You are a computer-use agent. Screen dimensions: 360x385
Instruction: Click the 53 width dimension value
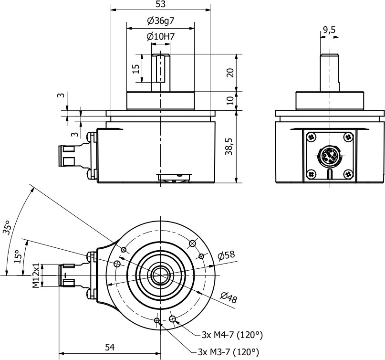coord(160,4)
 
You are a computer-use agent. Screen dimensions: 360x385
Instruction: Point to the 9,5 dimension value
coord(329,30)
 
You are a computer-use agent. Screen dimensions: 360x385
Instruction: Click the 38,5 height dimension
coord(230,147)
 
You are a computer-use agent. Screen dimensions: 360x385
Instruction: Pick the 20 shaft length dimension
coord(230,73)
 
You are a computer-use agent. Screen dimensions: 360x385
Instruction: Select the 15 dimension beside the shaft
coord(135,69)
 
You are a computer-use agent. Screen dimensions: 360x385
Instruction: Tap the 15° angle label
coord(17,257)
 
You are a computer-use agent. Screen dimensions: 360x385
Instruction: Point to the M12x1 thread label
coord(36,275)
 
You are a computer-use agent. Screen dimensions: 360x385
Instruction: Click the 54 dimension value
coord(110,348)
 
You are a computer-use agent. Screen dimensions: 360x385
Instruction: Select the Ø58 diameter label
coord(227,255)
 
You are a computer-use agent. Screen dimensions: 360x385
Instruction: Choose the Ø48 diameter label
coord(229,299)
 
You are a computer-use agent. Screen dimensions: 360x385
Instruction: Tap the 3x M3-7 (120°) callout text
coord(228,352)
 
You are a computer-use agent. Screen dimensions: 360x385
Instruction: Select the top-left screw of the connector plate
coord(311,138)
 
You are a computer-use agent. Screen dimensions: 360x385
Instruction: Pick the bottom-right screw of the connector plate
coord(348,174)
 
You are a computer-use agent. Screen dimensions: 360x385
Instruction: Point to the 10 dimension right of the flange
coord(230,101)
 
